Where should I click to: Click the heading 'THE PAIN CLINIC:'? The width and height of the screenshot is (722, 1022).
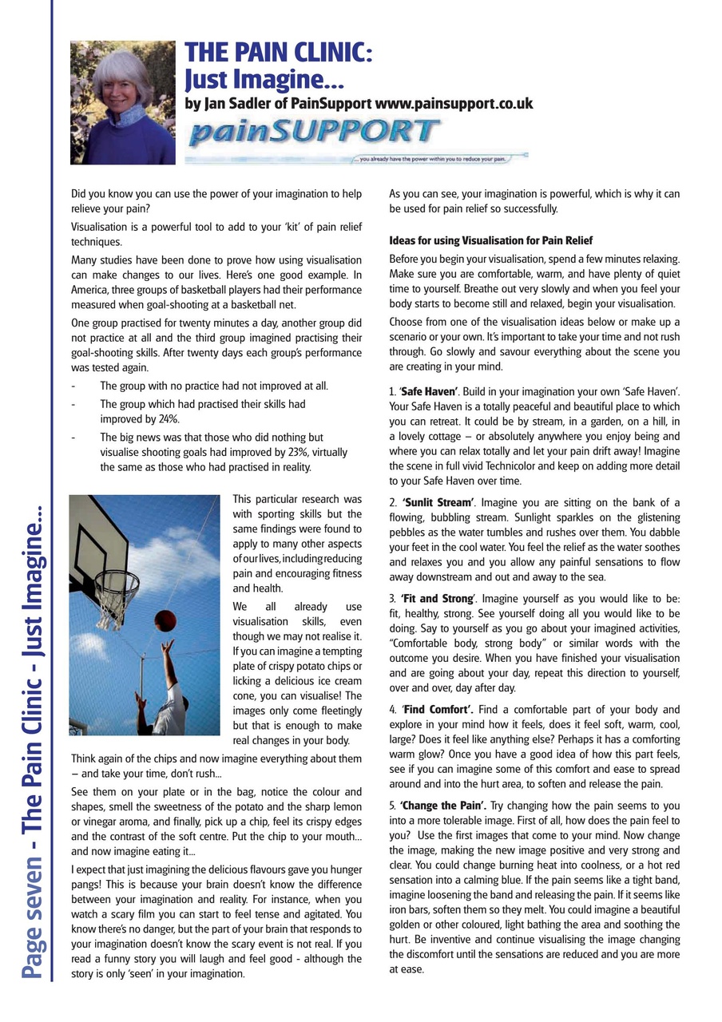[278, 53]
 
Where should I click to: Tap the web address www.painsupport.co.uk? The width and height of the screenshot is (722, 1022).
[454, 104]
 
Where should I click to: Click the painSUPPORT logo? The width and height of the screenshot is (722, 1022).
[313, 131]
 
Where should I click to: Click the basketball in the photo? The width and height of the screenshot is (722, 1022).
[165, 619]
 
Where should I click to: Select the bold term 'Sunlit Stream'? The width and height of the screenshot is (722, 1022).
[438, 502]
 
